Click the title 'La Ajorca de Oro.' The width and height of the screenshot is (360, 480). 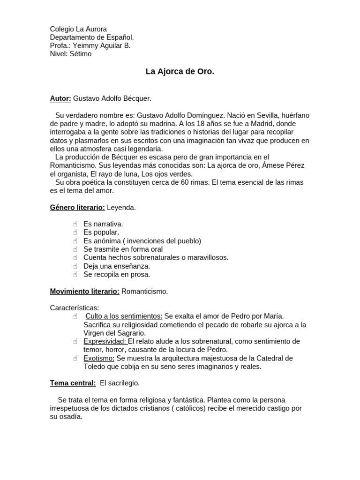pos(180,72)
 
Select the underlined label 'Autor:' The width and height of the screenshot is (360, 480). pos(60,98)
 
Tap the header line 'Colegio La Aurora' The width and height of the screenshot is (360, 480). pos(78,29)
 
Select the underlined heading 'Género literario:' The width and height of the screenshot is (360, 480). pos(77,207)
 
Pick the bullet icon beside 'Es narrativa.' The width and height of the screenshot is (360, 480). pos(75,224)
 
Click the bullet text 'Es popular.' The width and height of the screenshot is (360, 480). pos(101,232)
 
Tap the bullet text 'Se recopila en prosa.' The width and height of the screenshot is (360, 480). pos(117,275)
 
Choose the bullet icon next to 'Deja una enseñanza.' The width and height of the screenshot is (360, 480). pos(75,266)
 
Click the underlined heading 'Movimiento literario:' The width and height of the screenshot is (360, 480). pos(85,292)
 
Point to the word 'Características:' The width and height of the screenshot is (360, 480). pos(75,308)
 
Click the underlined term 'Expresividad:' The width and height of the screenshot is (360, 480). pos(105,342)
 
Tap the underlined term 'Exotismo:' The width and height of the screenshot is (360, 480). pos(99,359)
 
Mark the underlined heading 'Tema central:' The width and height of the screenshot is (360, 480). pos(73,383)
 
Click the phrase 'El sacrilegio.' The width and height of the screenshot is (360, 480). pos(120,383)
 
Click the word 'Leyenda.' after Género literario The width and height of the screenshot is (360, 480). pos(121,207)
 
